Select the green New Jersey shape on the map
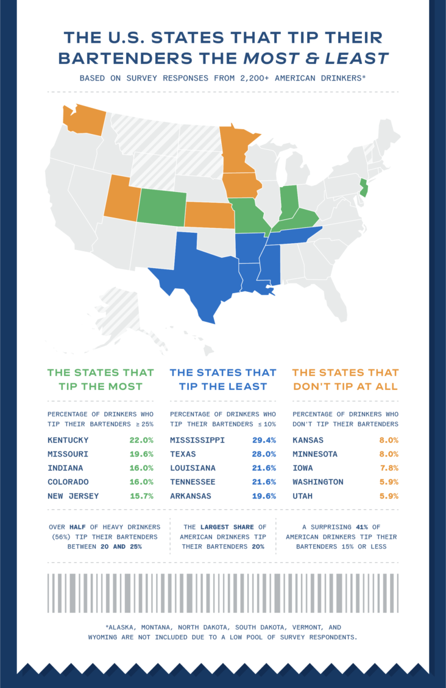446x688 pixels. coord(364,189)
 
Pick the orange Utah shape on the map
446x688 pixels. coord(121,198)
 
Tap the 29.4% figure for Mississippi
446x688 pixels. coord(264,440)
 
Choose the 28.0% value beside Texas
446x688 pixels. coord(264,454)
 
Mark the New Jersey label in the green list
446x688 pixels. coord(74,496)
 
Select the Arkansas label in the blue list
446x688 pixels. coord(191,496)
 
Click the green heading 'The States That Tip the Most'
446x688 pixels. coord(101,379)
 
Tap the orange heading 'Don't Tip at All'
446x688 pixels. coord(345,386)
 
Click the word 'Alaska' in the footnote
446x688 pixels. coord(126,627)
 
